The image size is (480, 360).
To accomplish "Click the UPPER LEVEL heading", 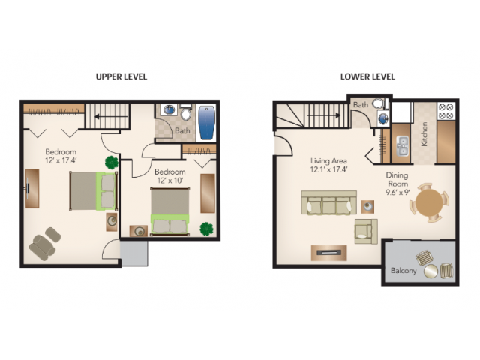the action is pyautogui.click(x=121, y=76).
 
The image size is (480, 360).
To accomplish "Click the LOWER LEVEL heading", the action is pyautogui.click(x=367, y=76).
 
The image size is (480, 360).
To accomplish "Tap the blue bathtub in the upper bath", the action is pyautogui.click(x=207, y=123).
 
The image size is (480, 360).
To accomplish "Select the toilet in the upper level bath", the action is pyautogui.click(x=186, y=112).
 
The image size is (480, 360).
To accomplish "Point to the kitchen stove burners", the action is pyautogui.click(x=445, y=111).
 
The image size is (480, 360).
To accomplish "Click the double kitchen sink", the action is pyautogui.click(x=403, y=146).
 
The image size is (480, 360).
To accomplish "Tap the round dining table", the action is pyautogui.click(x=430, y=202).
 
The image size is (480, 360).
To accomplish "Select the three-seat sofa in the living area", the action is pyautogui.click(x=329, y=203).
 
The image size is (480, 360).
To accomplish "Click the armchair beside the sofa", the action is pyautogui.click(x=366, y=231).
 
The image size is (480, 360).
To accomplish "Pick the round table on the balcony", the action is pyautogui.click(x=430, y=271).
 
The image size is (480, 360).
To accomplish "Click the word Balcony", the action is pyautogui.click(x=403, y=271).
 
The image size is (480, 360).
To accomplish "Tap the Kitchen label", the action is pyautogui.click(x=424, y=134).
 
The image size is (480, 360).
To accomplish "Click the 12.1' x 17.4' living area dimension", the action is pyautogui.click(x=328, y=169).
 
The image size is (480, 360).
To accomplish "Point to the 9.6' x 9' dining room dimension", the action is pyautogui.click(x=397, y=192).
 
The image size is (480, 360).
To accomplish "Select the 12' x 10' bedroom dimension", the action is pyautogui.click(x=170, y=181).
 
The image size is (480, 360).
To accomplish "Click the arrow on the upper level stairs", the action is pyautogui.click(x=111, y=117).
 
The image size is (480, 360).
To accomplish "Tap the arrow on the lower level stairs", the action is pyautogui.click(x=324, y=115).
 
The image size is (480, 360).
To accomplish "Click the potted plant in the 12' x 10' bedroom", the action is pyautogui.click(x=207, y=229).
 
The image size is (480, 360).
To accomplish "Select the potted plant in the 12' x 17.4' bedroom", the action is pyautogui.click(x=112, y=163).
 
